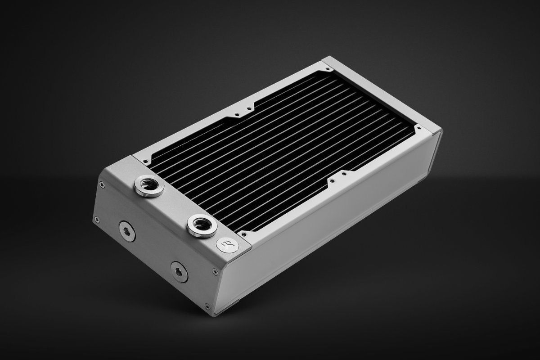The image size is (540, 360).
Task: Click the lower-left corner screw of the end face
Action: point(96,219)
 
